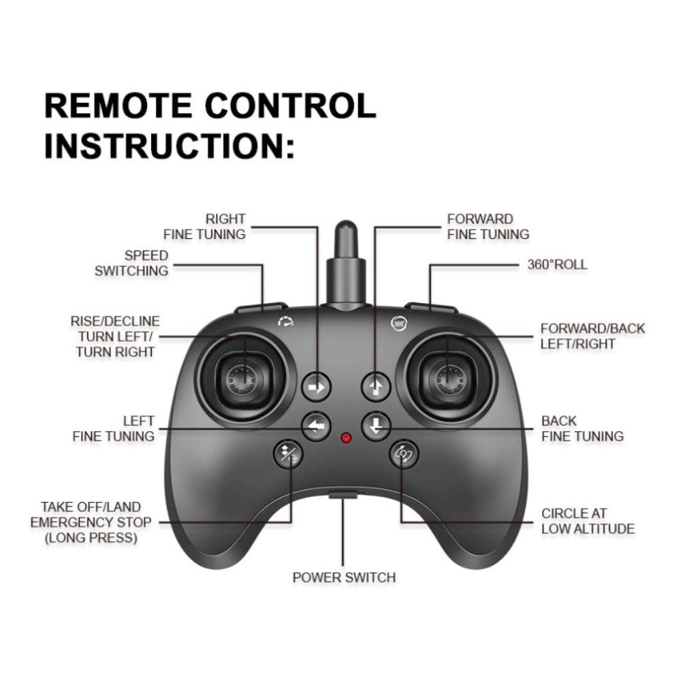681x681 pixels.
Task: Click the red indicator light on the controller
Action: pos(346,437)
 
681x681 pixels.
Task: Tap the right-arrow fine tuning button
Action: pos(316,387)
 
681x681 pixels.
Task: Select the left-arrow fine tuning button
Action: pos(316,426)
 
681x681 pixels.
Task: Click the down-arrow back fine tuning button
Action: pos(376,426)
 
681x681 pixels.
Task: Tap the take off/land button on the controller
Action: pos(288,454)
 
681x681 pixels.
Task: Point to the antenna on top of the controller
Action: pos(346,265)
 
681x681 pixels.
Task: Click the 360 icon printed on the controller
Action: pos(398,323)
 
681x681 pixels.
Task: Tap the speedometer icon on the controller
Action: pos(286,321)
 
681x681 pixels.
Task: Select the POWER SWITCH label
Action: pos(344,577)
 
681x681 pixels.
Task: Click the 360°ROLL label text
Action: pos(557,264)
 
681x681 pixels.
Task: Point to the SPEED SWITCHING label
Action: pos(131,263)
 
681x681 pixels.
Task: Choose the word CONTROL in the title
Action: pos(290,106)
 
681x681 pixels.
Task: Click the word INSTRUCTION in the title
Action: pos(164,146)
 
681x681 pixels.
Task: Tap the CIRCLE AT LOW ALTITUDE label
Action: pos(588,521)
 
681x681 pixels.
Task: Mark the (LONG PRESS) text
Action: pos(91,538)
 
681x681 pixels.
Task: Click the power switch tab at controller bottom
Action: pos(343,494)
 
